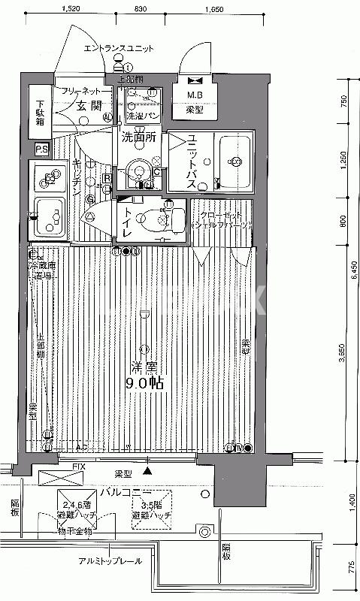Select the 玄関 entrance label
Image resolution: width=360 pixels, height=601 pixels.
pyautogui.click(x=89, y=105)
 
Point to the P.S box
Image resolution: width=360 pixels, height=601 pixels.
pyautogui.click(x=41, y=149)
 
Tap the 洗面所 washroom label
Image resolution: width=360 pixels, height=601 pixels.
pyautogui.click(x=139, y=137)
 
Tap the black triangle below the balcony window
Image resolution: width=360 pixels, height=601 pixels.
pyautogui.click(x=147, y=471)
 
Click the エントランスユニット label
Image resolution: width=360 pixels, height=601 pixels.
pyautogui.click(x=118, y=48)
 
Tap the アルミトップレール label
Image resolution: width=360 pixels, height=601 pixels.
pyautogui.click(x=110, y=561)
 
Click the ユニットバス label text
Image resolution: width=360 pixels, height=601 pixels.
pyautogui.click(x=192, y=159)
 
